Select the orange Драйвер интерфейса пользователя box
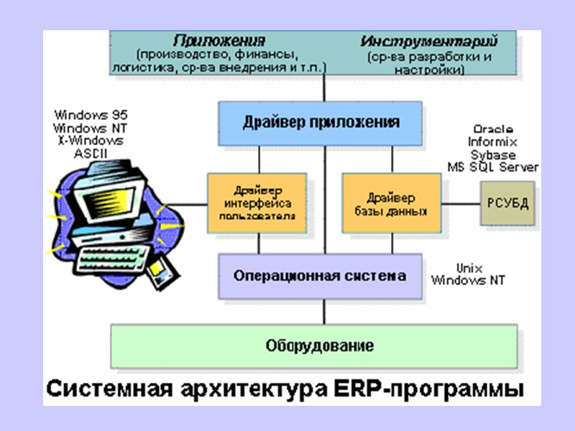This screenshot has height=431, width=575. (257, 203)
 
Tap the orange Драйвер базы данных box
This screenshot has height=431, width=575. (392, 203)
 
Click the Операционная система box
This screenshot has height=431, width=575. (320, 276)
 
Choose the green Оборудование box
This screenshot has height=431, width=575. (313, 346)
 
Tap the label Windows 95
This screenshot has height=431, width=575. (91, 114)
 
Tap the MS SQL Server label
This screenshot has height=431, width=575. (493, 167)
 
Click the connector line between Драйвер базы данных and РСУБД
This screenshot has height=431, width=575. (461, 203)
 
